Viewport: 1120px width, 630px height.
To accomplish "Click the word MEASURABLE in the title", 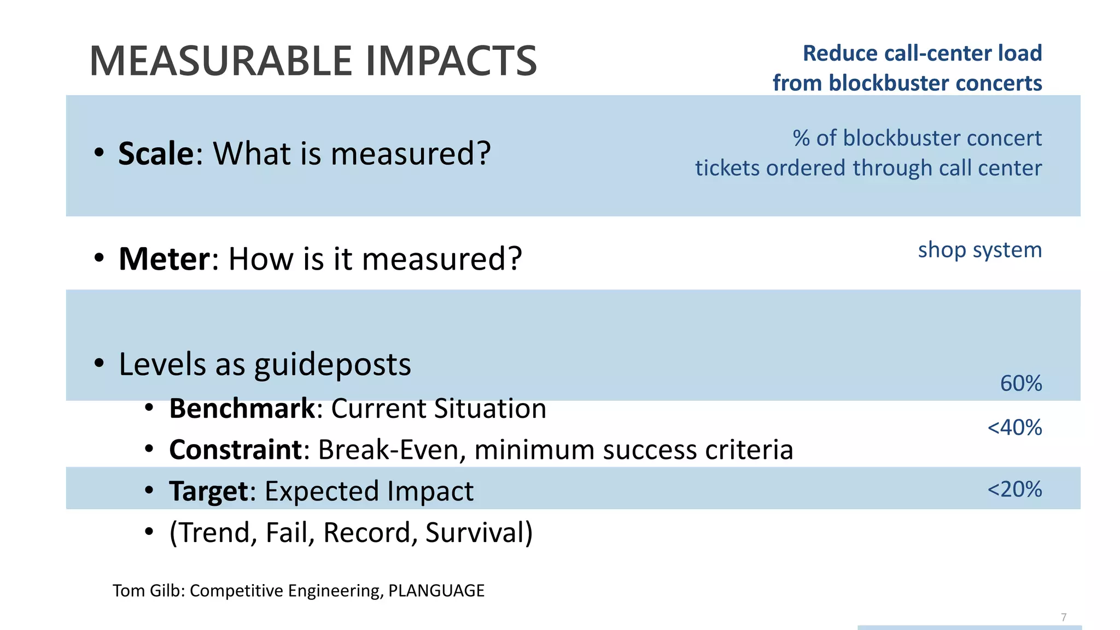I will [221, 61].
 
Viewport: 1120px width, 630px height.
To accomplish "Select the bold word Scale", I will [156, 154].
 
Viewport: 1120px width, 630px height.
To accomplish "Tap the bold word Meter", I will [164, 259].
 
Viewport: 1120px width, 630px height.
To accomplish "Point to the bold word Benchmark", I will [242, 409].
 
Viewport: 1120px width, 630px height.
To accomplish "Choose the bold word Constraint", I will [235, 450].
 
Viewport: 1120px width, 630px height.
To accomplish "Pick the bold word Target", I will [208, 491].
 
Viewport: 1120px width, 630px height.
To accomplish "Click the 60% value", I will [1020, 383].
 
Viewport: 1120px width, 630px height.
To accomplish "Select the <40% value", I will [1014, 427].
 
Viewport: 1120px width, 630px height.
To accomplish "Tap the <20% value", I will [1014, 489].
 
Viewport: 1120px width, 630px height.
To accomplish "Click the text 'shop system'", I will [979, 250].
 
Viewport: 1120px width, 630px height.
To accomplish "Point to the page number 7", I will [1064, 617].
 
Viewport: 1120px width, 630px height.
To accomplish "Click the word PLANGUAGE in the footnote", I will [436, 591].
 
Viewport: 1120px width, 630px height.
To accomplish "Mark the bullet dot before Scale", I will [98, 153].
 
